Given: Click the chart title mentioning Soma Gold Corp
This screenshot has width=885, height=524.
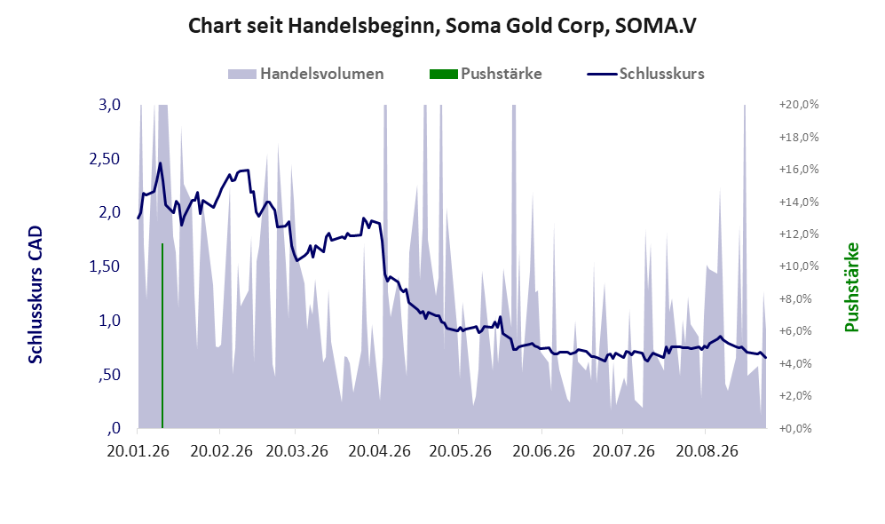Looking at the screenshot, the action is point(442,26).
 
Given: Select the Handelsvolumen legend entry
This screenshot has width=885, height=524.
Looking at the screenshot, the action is point(305,74).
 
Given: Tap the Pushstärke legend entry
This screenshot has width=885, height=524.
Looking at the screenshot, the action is point(486,74).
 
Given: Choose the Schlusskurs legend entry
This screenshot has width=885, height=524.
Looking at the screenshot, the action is point(645,74).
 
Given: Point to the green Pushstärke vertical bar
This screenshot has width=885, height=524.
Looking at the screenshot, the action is point(162,336).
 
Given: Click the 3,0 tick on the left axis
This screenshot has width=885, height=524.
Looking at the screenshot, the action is point(109,105).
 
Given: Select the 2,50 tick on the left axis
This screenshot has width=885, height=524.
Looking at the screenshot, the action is point(105,159).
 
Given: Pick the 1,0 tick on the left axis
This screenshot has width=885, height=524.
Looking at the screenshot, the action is point(109,320).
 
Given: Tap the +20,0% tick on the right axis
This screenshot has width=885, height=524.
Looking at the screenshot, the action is point(799,105).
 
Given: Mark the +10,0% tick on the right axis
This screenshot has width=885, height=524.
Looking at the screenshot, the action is point(799,266).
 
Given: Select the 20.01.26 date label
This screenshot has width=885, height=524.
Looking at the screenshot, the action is point(138,451).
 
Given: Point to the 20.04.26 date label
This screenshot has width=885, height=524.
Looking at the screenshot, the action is point(379,451).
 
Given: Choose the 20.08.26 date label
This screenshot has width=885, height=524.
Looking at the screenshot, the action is point(707,451).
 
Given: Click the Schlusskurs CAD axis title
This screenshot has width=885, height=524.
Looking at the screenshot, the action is point(36,295).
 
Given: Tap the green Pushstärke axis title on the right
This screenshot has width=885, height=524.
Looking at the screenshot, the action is point(851,288).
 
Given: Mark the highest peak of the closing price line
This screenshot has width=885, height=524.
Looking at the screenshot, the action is point(160,163).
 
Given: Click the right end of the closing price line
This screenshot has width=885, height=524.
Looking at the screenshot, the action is point(766,357).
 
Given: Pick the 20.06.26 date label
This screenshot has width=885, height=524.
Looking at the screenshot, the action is point(543,451).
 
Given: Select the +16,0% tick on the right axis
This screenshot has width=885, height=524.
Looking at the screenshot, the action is point(799,169).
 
